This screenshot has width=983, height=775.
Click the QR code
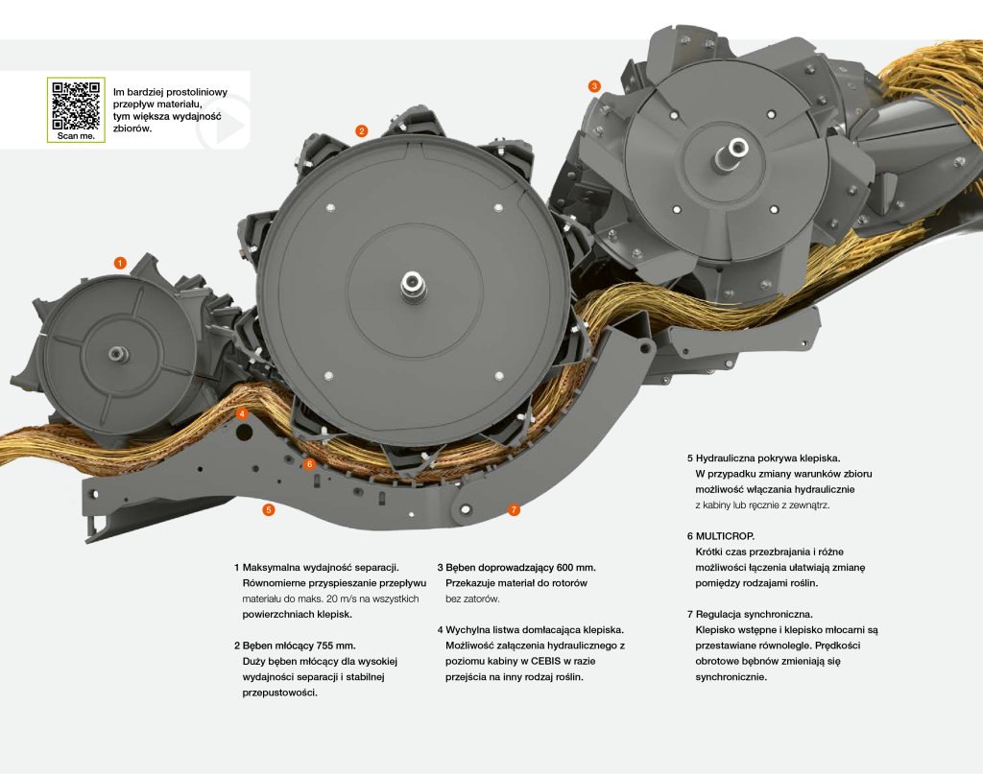(x=75, y=105)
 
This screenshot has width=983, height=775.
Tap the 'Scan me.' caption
(x=75, y=136)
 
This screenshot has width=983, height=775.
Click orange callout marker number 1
(x=120, y=263)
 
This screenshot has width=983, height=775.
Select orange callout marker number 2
(x=361, y=130)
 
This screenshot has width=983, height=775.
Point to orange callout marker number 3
(x=594, y=85)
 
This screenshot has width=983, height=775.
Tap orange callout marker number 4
(x=243, y=414)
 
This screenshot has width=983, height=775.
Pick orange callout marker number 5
(x=269, y=510)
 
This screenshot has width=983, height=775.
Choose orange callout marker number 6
(x=309, y=464)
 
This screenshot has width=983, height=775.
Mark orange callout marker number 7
(x=514, y=509)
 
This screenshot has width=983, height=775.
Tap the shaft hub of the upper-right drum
(x=737, y=147)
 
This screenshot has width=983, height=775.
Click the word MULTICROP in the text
(x=726, y=536)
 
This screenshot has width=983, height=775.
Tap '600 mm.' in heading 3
(x=572, y=567)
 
